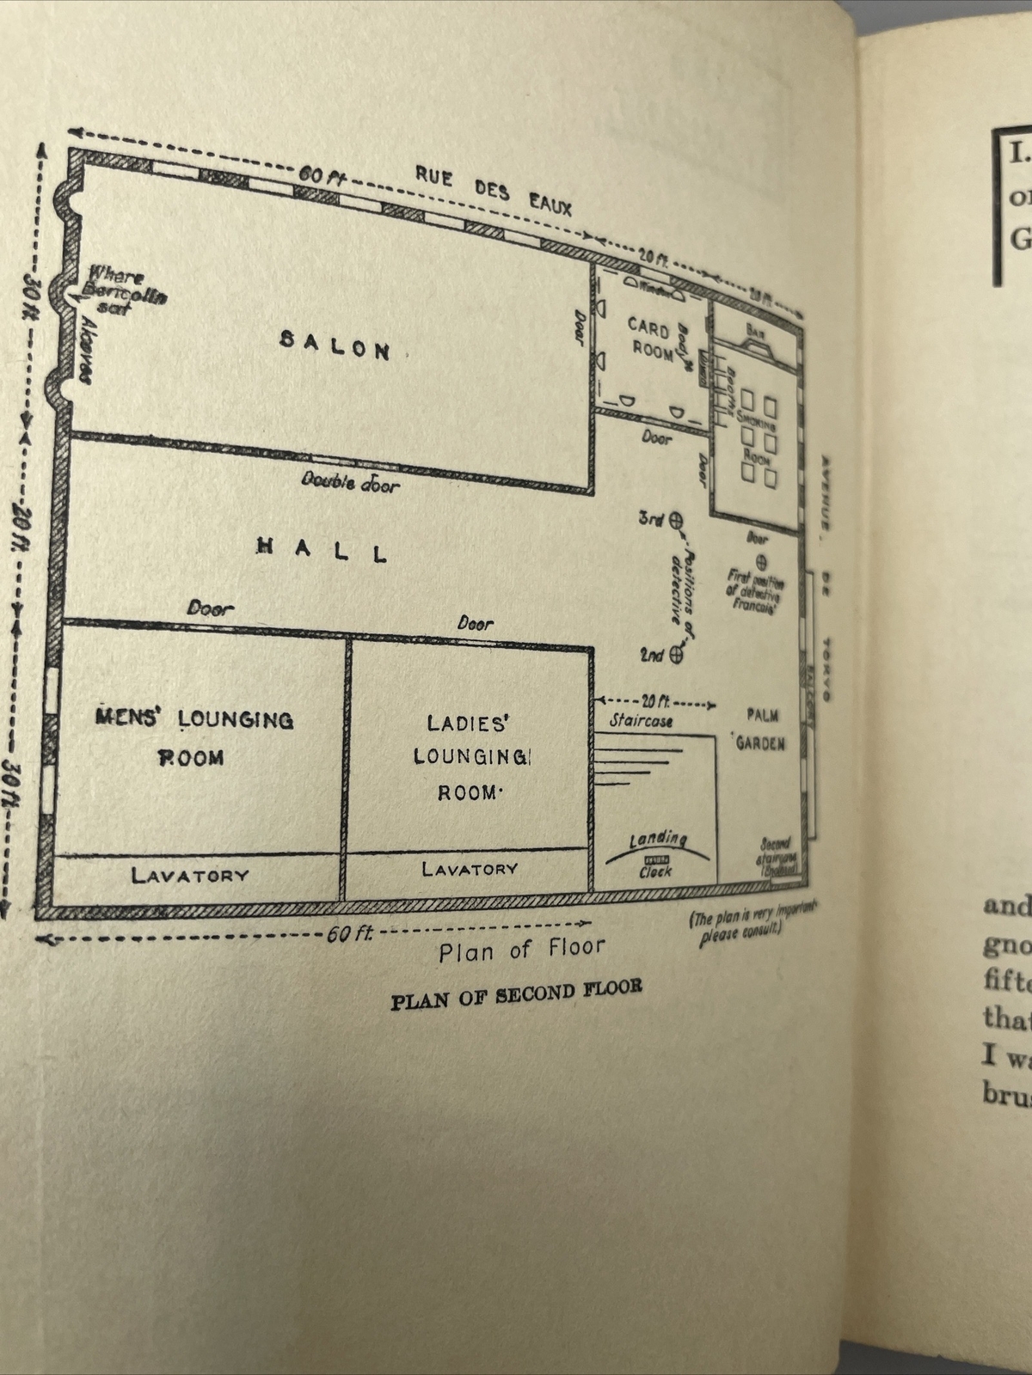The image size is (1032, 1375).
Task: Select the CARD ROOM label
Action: click(651, 338)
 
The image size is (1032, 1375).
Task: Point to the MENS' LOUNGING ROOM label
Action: click(193, 737)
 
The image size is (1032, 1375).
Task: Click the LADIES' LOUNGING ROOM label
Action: click(470, 756)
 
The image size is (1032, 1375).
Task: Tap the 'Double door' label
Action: click(350, 482)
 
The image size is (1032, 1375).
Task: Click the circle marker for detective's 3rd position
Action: click(676, 520)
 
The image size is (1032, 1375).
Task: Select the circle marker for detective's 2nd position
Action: click(676, 656)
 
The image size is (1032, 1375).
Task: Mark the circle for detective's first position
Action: click(760, 561)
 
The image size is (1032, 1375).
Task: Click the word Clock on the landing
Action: click(655, 871)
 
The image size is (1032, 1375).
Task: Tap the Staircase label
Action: click(641, 721)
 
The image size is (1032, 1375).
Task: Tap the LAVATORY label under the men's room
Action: click(190, 875)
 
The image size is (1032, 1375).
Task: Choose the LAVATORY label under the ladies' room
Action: click(470, 869)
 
